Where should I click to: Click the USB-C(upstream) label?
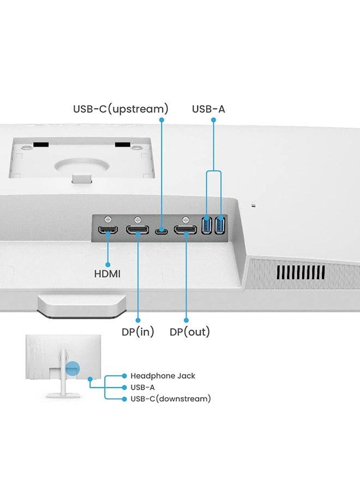[121, 109]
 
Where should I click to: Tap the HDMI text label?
[107, 274]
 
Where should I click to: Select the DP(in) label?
[138, 332]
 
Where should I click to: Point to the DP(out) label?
[189, 332]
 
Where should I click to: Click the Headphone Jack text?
[163, 376]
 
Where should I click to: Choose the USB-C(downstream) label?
[170, 399]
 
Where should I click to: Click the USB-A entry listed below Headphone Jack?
[143, 387]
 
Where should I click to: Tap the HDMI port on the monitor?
[108, 230]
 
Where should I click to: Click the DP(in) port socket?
[137, 230]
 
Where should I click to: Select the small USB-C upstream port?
[161, 231]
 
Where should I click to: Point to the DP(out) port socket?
[185, 230]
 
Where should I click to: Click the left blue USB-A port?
[207, 225]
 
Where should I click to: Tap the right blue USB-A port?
[220, 225]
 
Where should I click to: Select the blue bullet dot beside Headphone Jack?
[125, 376]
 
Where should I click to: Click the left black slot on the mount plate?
[40, 145]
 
